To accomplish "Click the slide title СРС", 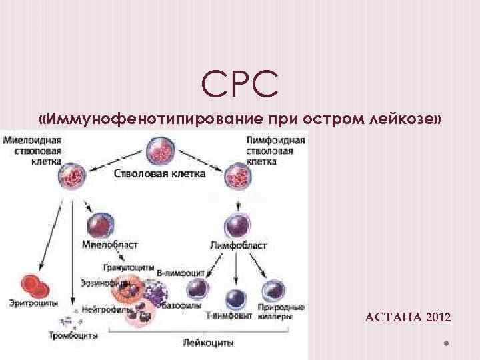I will pyautogui.click(x=240, y=85).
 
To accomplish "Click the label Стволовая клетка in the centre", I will pyautogui.click(x=159, y=173).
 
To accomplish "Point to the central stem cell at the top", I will pyautogui.click(x=159, y=151).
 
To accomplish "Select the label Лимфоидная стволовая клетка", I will pyautogui.click(x=275, y=151).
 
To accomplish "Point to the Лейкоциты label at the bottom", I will pyautogui.click(x=207, y=342).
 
